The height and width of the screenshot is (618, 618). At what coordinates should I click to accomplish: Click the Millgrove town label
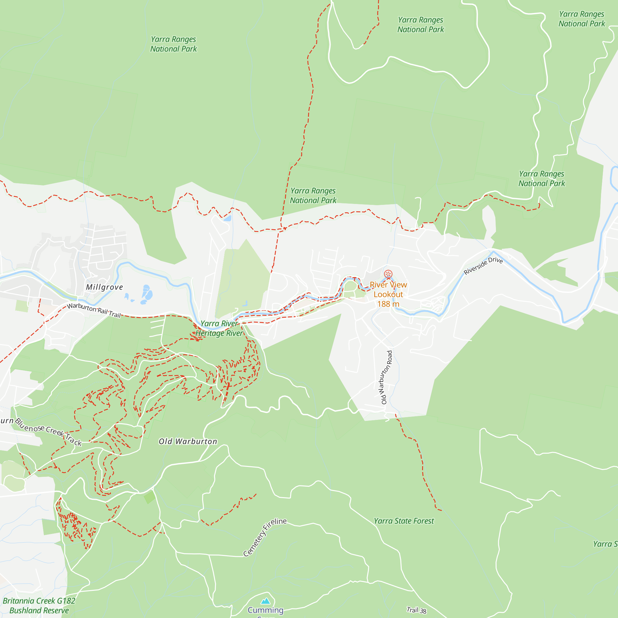pos(104,287)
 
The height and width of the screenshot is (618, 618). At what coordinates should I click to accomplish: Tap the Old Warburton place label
pos(188,442)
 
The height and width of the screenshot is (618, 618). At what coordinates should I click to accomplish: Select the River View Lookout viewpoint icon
pos(388,274)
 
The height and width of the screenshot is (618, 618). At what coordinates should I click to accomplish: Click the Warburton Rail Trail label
pos(94,310)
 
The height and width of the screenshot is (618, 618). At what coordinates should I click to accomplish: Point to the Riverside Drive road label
pos(483,265)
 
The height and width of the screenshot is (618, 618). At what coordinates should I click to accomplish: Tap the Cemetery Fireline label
pos(265,537)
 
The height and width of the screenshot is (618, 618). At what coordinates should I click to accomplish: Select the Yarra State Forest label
pos(404,521)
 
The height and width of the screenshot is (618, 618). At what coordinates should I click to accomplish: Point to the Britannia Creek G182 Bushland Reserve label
pos(39,606)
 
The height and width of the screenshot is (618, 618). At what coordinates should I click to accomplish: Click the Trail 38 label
pos(417,610)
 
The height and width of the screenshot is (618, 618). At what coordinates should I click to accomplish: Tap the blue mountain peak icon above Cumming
pos(265,601)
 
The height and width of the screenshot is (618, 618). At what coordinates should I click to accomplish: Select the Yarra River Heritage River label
pos(219,328)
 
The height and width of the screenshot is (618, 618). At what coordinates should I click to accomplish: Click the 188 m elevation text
pos(388,304)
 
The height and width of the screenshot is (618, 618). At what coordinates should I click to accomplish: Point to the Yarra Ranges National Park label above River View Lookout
pos(420,25)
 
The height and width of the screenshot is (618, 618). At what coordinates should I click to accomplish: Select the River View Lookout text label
pos(388,290)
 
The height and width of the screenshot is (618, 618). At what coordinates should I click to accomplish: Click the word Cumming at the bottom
pos(265,610)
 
